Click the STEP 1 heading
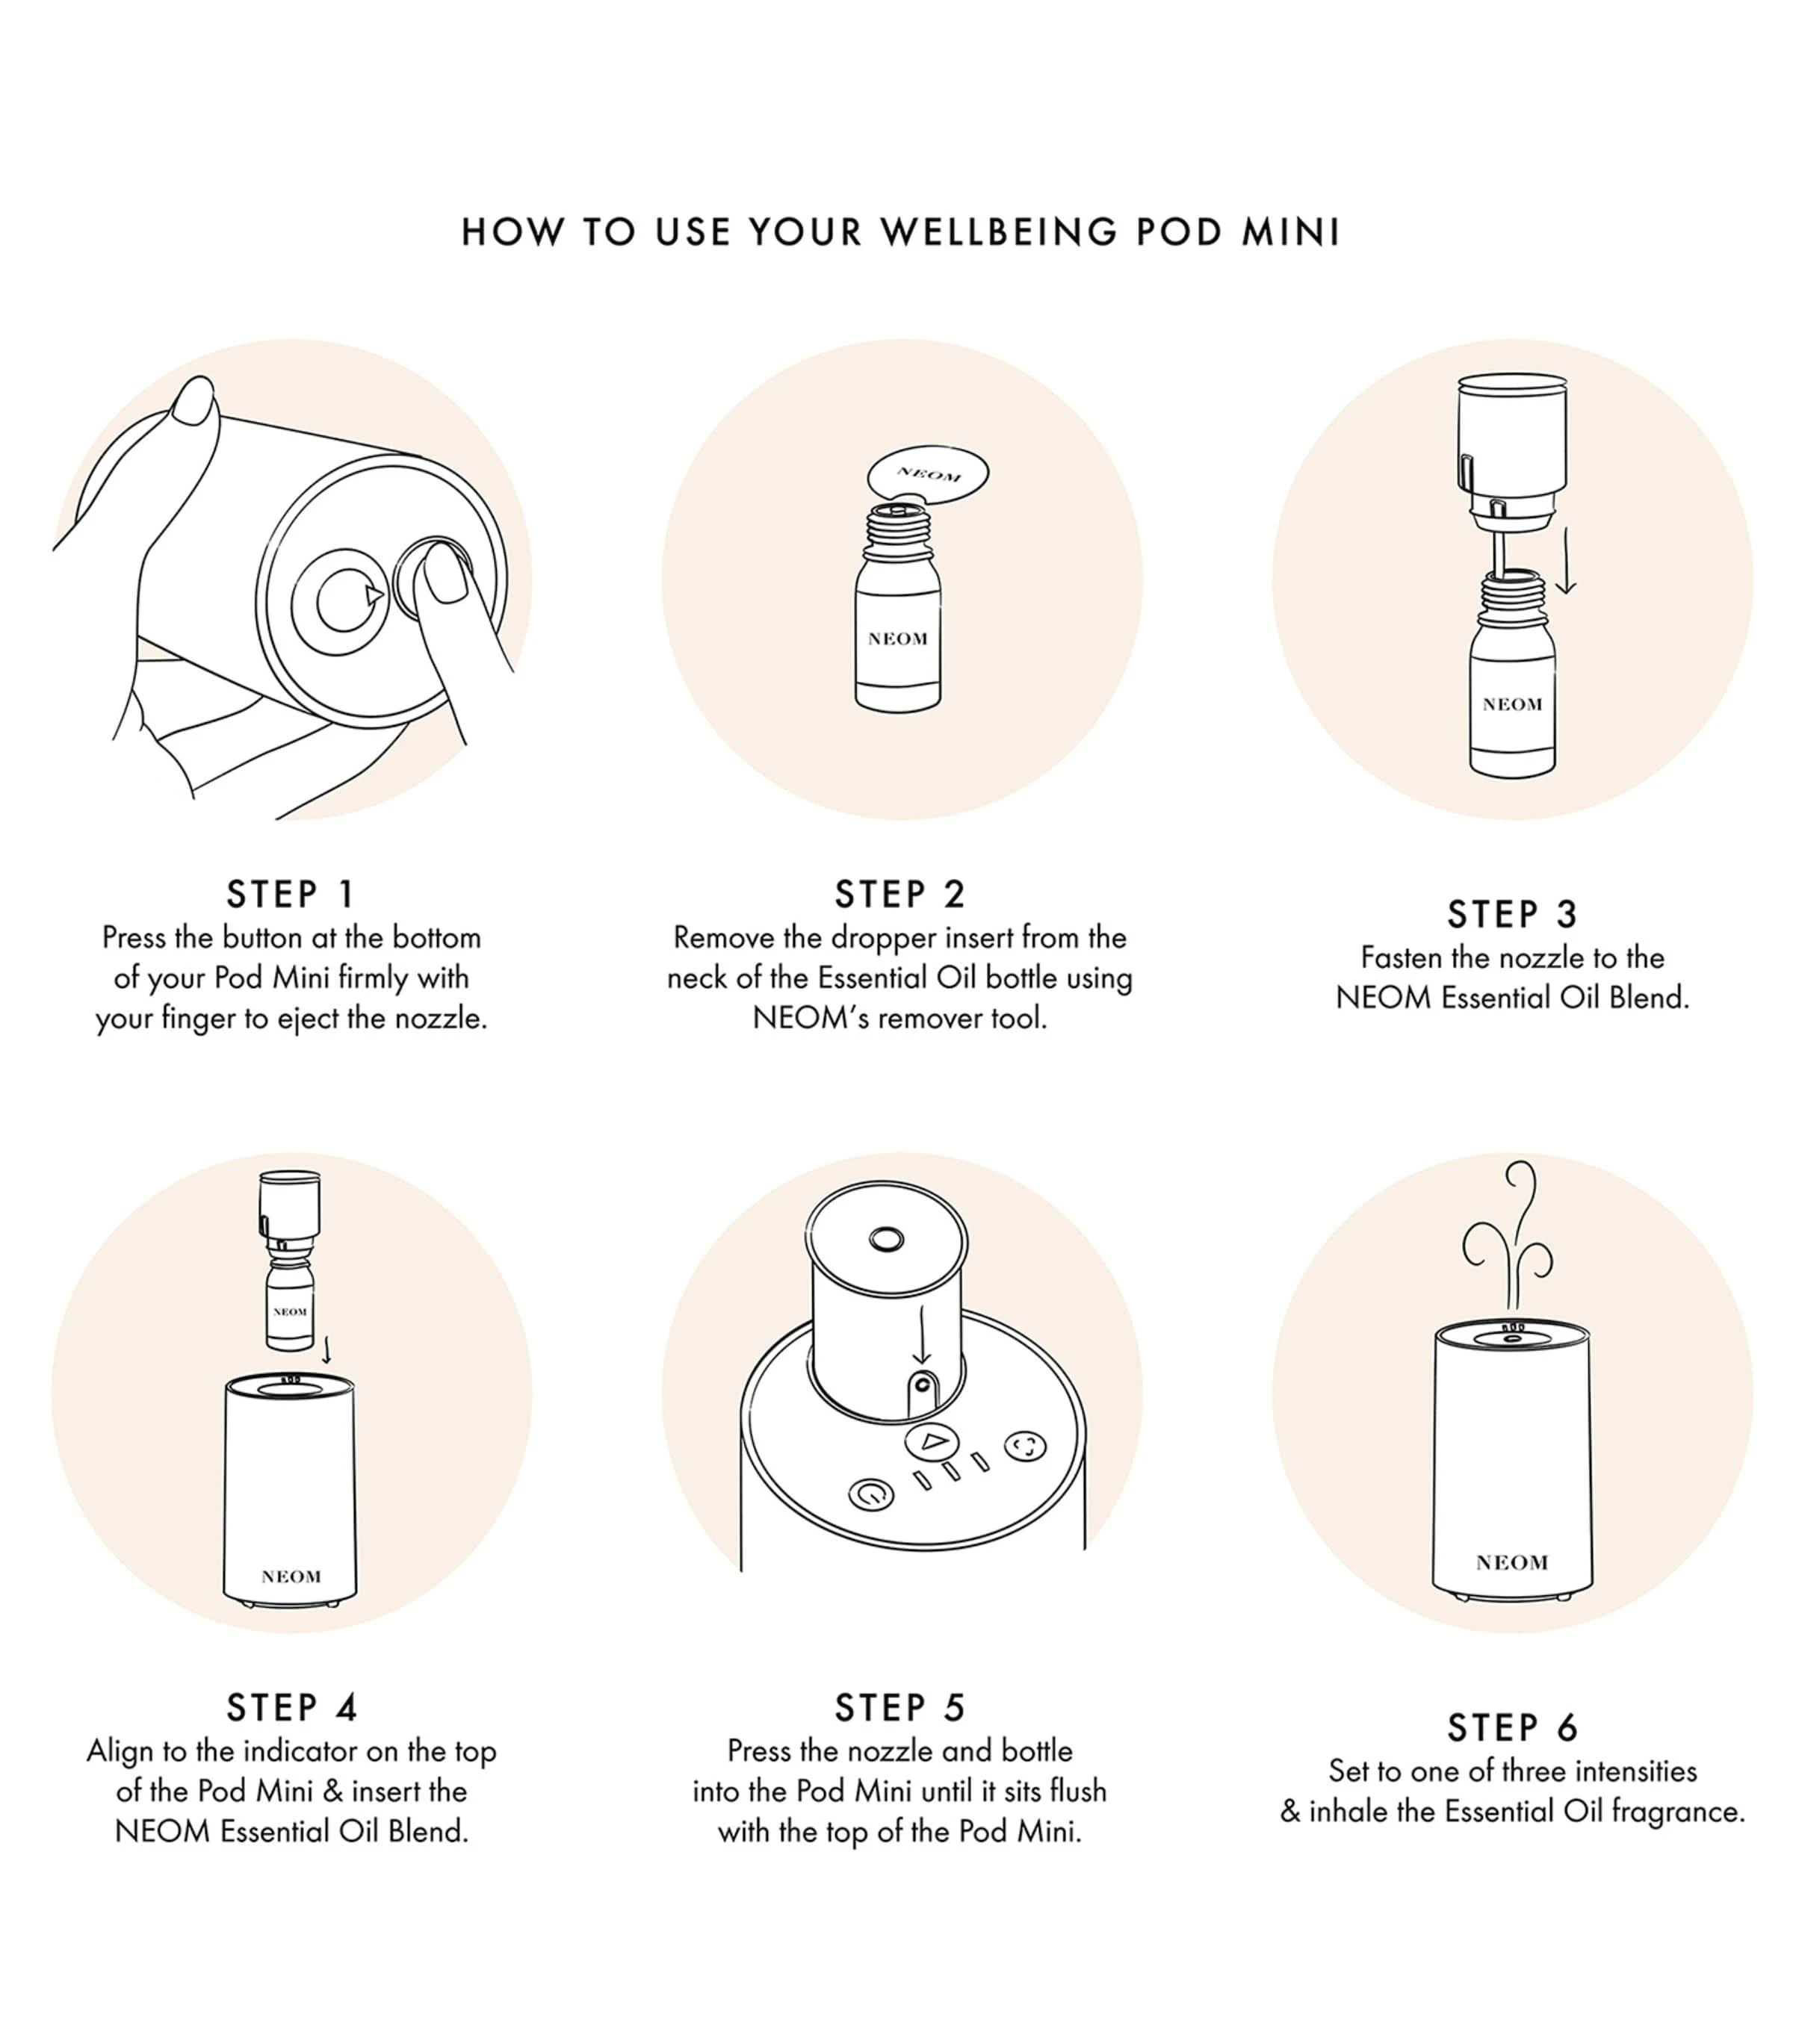[290, 895]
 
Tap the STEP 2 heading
[900, 895]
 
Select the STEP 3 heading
[1512, 914]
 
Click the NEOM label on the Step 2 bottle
[897, 639]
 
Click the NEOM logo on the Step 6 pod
[1512, 1562]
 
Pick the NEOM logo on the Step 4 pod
[291, 1576]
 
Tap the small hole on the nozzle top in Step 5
[887, 1240]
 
